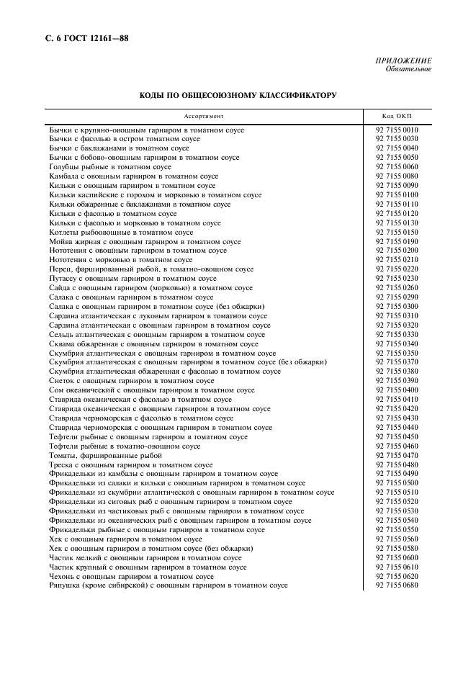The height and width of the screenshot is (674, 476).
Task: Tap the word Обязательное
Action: click(408, 69)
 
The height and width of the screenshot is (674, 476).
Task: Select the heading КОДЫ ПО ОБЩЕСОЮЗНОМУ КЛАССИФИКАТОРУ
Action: click(238, 95)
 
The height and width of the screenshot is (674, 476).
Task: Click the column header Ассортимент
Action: click(204, 116)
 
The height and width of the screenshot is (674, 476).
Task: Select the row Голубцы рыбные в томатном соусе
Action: click(110, 167)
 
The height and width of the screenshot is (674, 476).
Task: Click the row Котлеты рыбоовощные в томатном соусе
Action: click(121, 233)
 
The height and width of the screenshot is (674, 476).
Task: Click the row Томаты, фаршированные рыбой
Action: click(105, 456)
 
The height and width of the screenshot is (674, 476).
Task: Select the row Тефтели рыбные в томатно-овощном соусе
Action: click(125, 446)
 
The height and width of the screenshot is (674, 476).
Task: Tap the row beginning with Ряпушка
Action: click(168, 585)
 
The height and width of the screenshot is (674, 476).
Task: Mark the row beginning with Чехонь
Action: click(131, 576)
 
